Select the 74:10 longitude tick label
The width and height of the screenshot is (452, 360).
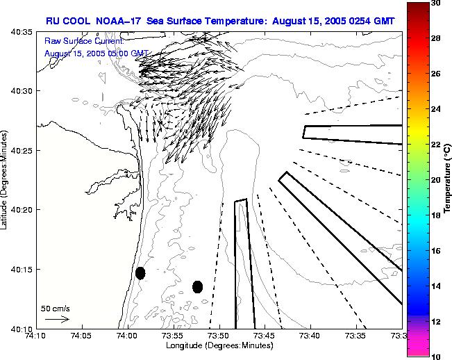35,336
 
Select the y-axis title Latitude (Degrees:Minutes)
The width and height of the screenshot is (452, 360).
6,179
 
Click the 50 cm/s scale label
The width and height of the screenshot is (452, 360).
56,308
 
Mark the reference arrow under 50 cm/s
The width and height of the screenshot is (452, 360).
57,319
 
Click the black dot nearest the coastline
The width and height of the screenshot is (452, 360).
140,273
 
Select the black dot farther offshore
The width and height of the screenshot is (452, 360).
197,286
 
